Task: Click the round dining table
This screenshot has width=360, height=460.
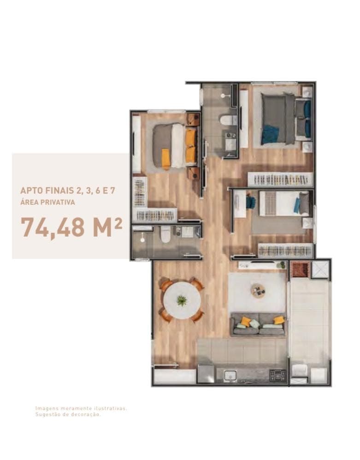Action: [182, 300]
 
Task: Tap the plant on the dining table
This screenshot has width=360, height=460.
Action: [182, 301]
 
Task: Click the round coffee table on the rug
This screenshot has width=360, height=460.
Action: [258, 291]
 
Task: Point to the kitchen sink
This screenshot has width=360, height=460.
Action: [230, 376]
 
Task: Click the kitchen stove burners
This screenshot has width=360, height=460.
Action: [277, 375]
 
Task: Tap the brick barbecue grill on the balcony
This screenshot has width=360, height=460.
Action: [300, 270]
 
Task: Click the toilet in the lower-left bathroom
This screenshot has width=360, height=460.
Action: [165, 234]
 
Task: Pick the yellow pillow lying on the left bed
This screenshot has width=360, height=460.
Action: [166, 158]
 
